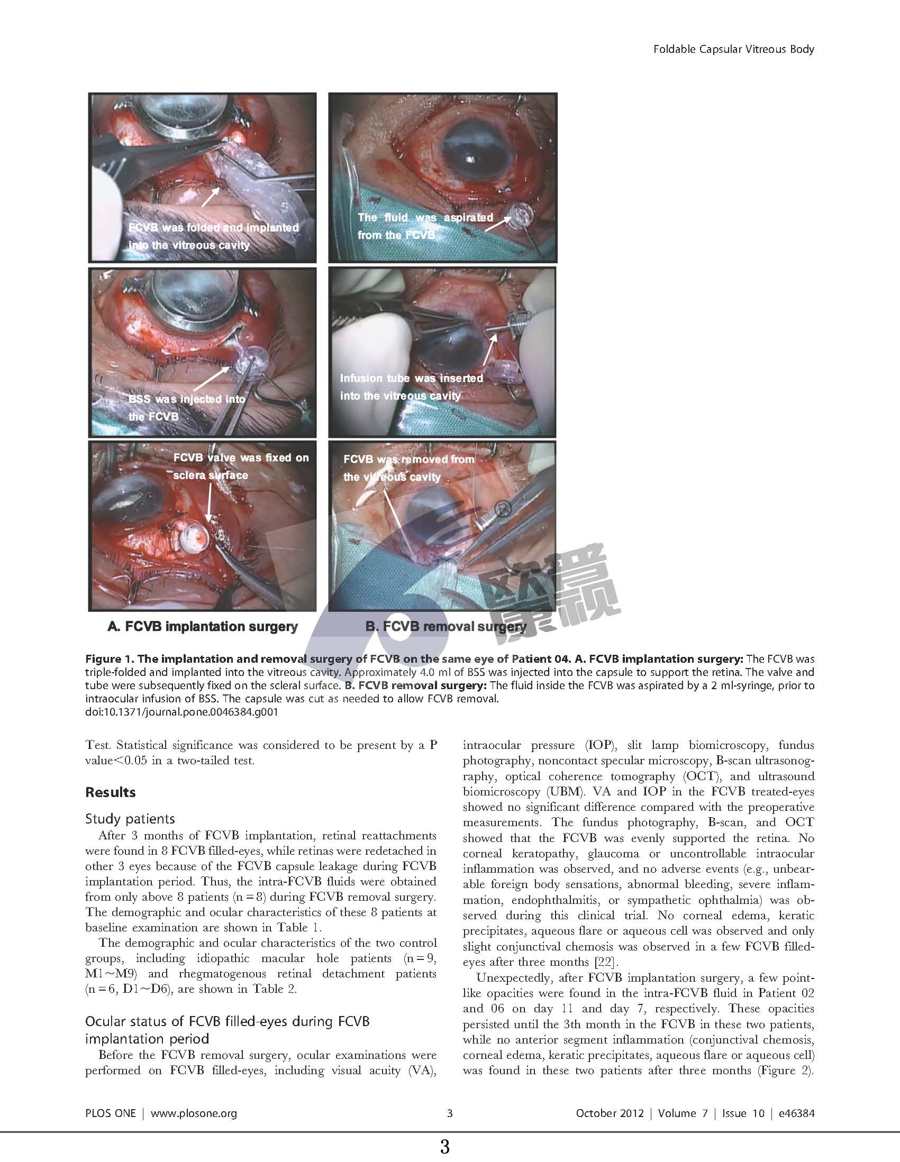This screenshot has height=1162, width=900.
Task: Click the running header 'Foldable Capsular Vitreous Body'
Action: coord(733,50)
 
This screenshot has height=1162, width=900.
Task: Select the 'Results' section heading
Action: coord(110,792)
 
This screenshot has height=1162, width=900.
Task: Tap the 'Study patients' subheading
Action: coord(130,818)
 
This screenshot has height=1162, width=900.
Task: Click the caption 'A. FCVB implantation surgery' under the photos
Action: coord(202,626)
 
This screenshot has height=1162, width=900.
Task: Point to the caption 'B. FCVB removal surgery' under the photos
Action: coord(446,626)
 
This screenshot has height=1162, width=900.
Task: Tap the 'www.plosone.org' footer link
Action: coord(194,1113)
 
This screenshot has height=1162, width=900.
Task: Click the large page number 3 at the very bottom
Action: coord(445,1146)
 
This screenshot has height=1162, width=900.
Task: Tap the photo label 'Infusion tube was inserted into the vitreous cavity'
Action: coord(412,387)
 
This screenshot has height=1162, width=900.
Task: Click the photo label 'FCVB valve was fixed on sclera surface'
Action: coord(241,466)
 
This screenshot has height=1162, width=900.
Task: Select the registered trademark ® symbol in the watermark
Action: coord(504,509)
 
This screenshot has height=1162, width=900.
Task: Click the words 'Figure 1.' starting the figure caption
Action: coord(109,658)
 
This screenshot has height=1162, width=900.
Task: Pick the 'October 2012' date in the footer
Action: coord(610,1113)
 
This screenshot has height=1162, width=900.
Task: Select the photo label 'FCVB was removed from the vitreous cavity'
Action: coord(408,468)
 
